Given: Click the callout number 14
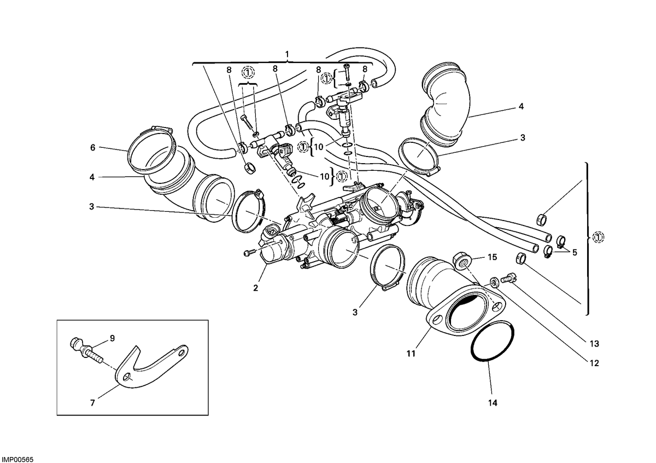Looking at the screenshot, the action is (493, 403).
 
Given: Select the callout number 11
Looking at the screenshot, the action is (411, 354).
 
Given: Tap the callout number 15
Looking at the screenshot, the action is (493, 257).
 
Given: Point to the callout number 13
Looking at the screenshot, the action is (594, 343).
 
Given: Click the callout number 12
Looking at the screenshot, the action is (594, 363).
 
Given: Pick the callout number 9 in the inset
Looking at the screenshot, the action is (112, 338).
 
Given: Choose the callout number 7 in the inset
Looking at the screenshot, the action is (92, 403).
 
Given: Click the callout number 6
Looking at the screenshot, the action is (92, 147).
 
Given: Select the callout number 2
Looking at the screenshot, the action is (256, 288).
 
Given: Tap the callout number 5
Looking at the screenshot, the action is (575, 252).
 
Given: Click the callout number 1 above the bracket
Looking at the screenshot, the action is (287, 54).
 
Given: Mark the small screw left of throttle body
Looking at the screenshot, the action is (249, 252).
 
